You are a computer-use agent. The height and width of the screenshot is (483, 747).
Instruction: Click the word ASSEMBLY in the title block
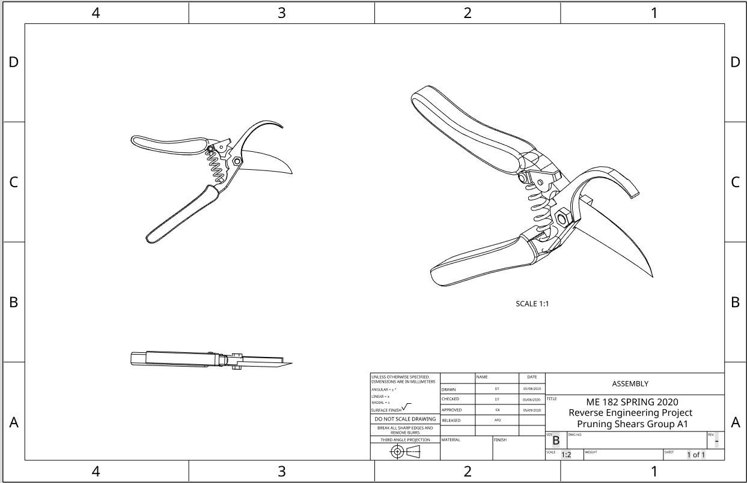click(630, 384)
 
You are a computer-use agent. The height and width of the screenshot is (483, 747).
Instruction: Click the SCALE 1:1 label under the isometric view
click(532, 304)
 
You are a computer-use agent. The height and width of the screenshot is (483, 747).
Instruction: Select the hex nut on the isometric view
click(563, 218)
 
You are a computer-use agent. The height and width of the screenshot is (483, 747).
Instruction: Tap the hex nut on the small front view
click(237, 161)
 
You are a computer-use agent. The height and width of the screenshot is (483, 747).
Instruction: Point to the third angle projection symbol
click(405, 452)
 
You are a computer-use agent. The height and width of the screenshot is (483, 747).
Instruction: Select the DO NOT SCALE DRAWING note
click(405, 419)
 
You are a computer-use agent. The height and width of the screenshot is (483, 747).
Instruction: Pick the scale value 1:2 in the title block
click(566, 455)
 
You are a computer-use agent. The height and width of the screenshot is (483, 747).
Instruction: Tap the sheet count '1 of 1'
click(696, 455)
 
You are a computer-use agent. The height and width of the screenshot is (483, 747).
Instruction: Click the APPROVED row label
click(452, 410)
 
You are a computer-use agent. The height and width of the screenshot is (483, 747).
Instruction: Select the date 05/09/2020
click(531, 410)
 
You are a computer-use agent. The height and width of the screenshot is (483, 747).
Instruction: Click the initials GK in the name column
click(497, 410)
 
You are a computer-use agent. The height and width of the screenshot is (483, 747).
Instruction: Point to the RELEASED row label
click(451, 421)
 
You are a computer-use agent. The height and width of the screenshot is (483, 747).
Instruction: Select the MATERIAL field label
click(451, 440)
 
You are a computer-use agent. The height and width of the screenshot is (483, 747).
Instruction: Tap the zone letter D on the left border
click(13, 62)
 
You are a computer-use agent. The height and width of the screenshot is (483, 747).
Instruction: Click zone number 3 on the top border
click(281, 13)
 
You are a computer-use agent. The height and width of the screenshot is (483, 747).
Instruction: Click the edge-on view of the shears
click(210, 359)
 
